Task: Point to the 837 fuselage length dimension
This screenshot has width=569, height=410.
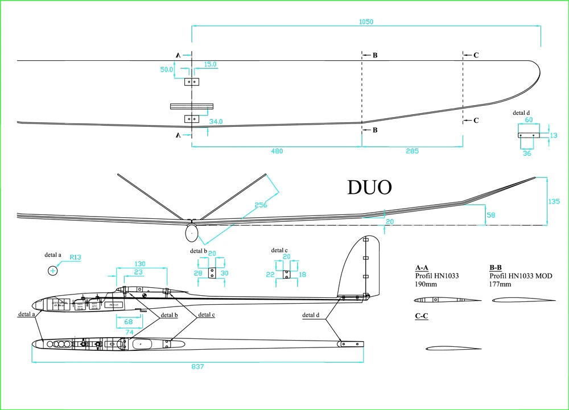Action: [197, 367]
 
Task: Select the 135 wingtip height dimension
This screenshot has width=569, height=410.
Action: [554, 201]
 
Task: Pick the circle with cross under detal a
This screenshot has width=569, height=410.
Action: [53, 271]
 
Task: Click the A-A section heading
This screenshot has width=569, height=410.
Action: [422, 267]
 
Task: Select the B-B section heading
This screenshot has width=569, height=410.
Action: [495, 267]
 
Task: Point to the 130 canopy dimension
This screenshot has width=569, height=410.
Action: [141, 263]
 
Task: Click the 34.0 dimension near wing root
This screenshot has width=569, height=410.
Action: [216, 122]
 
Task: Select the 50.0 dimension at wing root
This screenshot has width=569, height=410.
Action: [166, 69]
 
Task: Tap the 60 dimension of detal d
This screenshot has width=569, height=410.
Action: [528, 120]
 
